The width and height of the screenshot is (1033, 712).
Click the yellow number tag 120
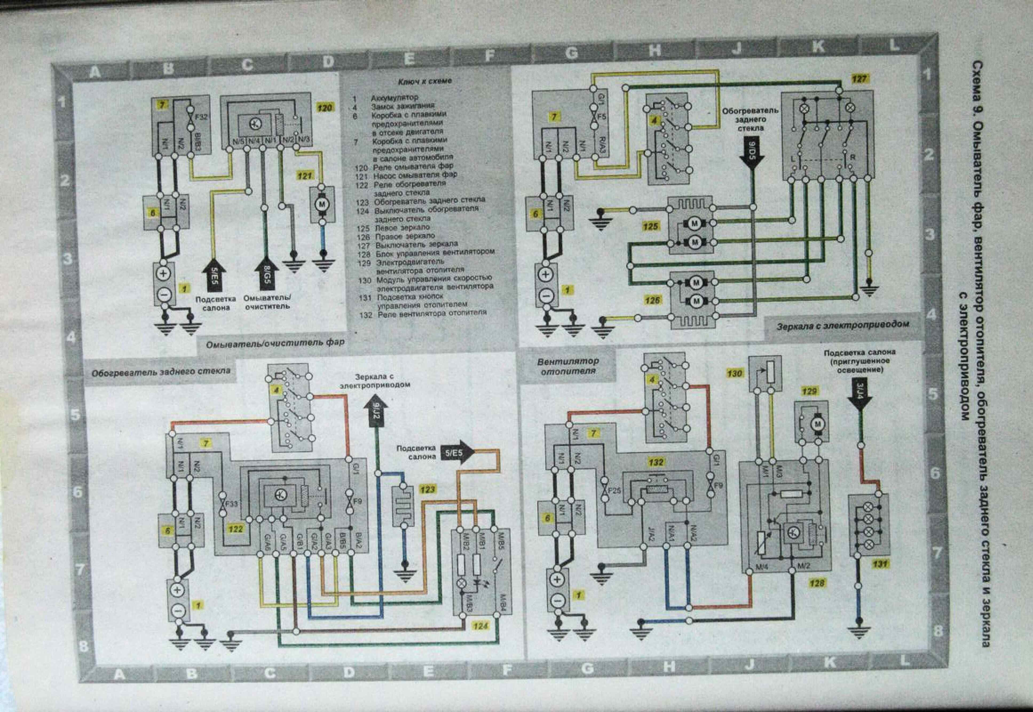tap(324, 108)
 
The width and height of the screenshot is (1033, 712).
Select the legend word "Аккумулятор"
tap(395, 97)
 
